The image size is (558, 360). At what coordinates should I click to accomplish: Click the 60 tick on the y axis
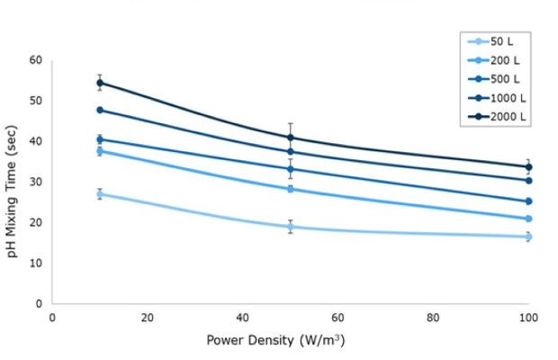36,60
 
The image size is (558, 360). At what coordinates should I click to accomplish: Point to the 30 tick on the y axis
36,182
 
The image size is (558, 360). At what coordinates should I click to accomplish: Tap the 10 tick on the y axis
36,263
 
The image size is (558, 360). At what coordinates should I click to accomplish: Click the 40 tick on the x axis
243,318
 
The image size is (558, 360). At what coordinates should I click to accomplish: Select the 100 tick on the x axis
528,318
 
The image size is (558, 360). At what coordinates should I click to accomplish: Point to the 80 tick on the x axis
434,318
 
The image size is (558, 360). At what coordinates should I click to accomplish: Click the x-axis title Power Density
275,340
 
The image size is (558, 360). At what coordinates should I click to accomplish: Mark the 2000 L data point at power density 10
100,83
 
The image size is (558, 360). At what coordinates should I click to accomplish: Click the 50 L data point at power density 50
291,227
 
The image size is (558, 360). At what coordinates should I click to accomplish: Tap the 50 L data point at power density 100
528,237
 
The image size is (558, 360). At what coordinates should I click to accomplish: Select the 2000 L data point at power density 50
291,138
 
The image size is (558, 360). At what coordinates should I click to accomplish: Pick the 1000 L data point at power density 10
100,110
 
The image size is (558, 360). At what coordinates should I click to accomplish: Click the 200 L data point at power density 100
528,219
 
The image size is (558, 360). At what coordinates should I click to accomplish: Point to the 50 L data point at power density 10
100,193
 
